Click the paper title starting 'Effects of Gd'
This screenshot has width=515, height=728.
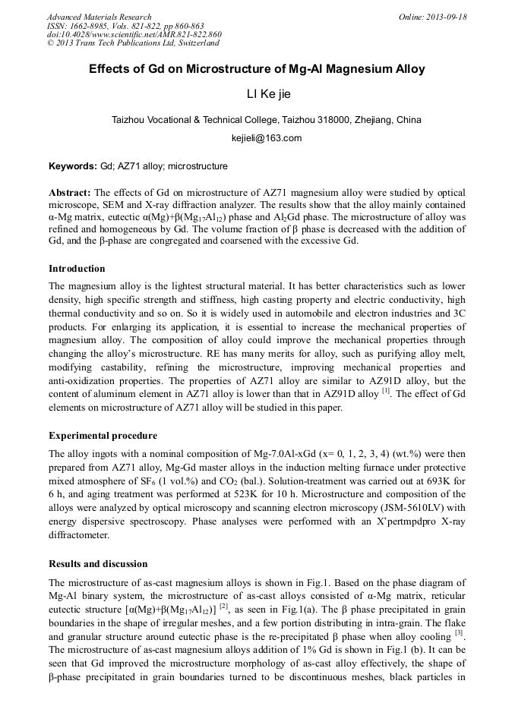pyautogui.click(x=257, y=69)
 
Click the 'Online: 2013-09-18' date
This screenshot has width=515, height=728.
pyautogui.click(x=433, y=17)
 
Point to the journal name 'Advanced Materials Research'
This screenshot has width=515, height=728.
pyautogui.click(x=99, y=17)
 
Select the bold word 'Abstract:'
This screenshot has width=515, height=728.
pyautogui.click(x=70, y=193)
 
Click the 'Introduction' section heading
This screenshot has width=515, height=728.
pyautogui.click(x=77, y=268)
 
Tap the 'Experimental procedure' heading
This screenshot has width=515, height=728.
pyautogui.click(x=103, y=436)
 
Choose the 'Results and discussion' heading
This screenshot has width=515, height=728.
pyautogui.click(x=98, y=564)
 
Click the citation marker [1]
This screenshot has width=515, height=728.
pyautogui.click(x=386, y=390)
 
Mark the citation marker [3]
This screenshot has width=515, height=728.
pyautogui.click(x=459, y=631)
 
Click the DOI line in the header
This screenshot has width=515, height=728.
pyautogui.click(x=134, y=34)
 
